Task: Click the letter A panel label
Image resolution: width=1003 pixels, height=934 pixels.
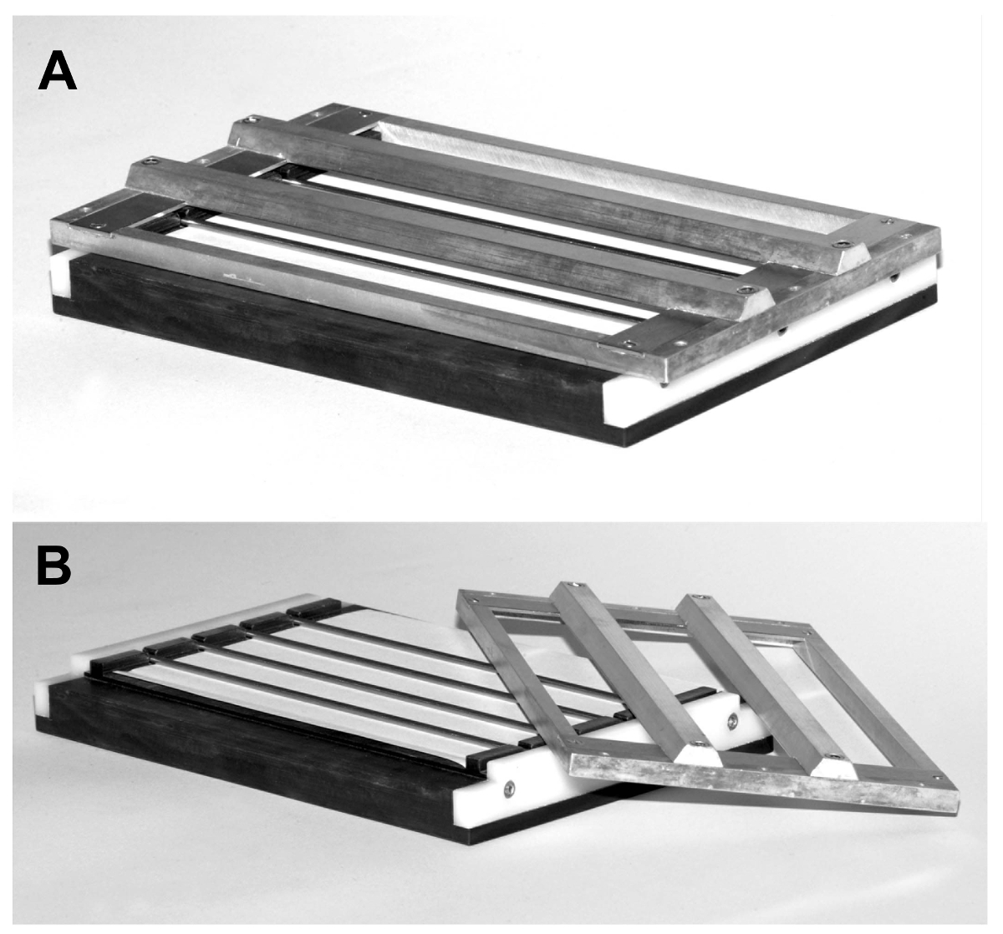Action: [x=57, y=71]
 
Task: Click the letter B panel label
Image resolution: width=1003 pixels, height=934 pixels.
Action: [x=53, y=566]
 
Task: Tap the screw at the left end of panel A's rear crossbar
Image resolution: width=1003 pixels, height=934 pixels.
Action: [x=252, y=120]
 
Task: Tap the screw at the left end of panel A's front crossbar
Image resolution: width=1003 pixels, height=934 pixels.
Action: [x=150, y=161]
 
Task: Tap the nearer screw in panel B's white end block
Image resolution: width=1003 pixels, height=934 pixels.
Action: [x=509, y=789]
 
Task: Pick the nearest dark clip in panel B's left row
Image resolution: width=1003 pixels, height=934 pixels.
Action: [x=121, y=667]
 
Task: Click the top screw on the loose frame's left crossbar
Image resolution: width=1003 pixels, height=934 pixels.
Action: [x=571, y=585]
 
